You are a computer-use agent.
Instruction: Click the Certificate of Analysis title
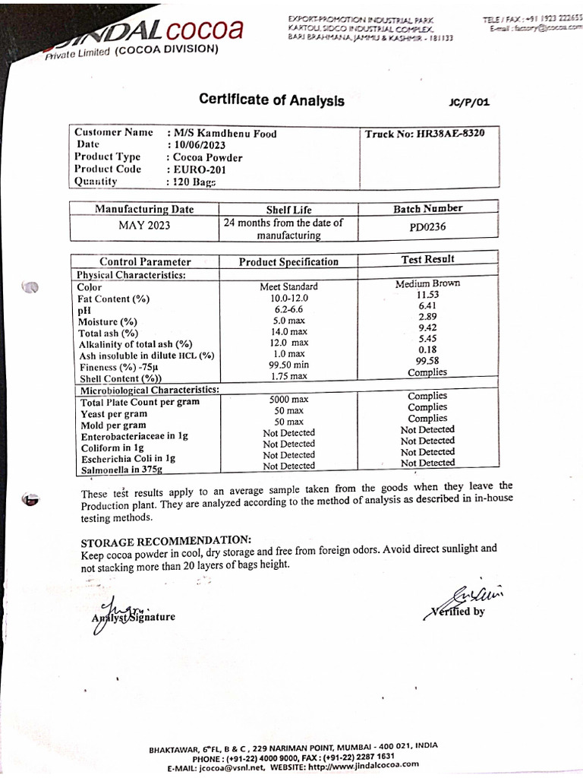click(x=271, y=100)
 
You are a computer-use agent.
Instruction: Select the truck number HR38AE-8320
click(x=424, y=133)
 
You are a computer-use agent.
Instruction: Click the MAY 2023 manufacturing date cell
click(x=144, y=226)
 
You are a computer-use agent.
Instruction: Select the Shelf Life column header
click(x=288, y=210)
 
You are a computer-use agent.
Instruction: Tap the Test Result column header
click(x=427, y=260)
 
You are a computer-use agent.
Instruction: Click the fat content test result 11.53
click(x=427, y=294)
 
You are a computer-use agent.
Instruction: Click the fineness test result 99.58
click(x=427, y=361)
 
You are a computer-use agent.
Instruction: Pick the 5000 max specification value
click(x=288, y=399)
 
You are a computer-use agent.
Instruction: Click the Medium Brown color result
click(x=427, y=283)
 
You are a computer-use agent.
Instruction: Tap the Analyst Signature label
click(x=134, y=616)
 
